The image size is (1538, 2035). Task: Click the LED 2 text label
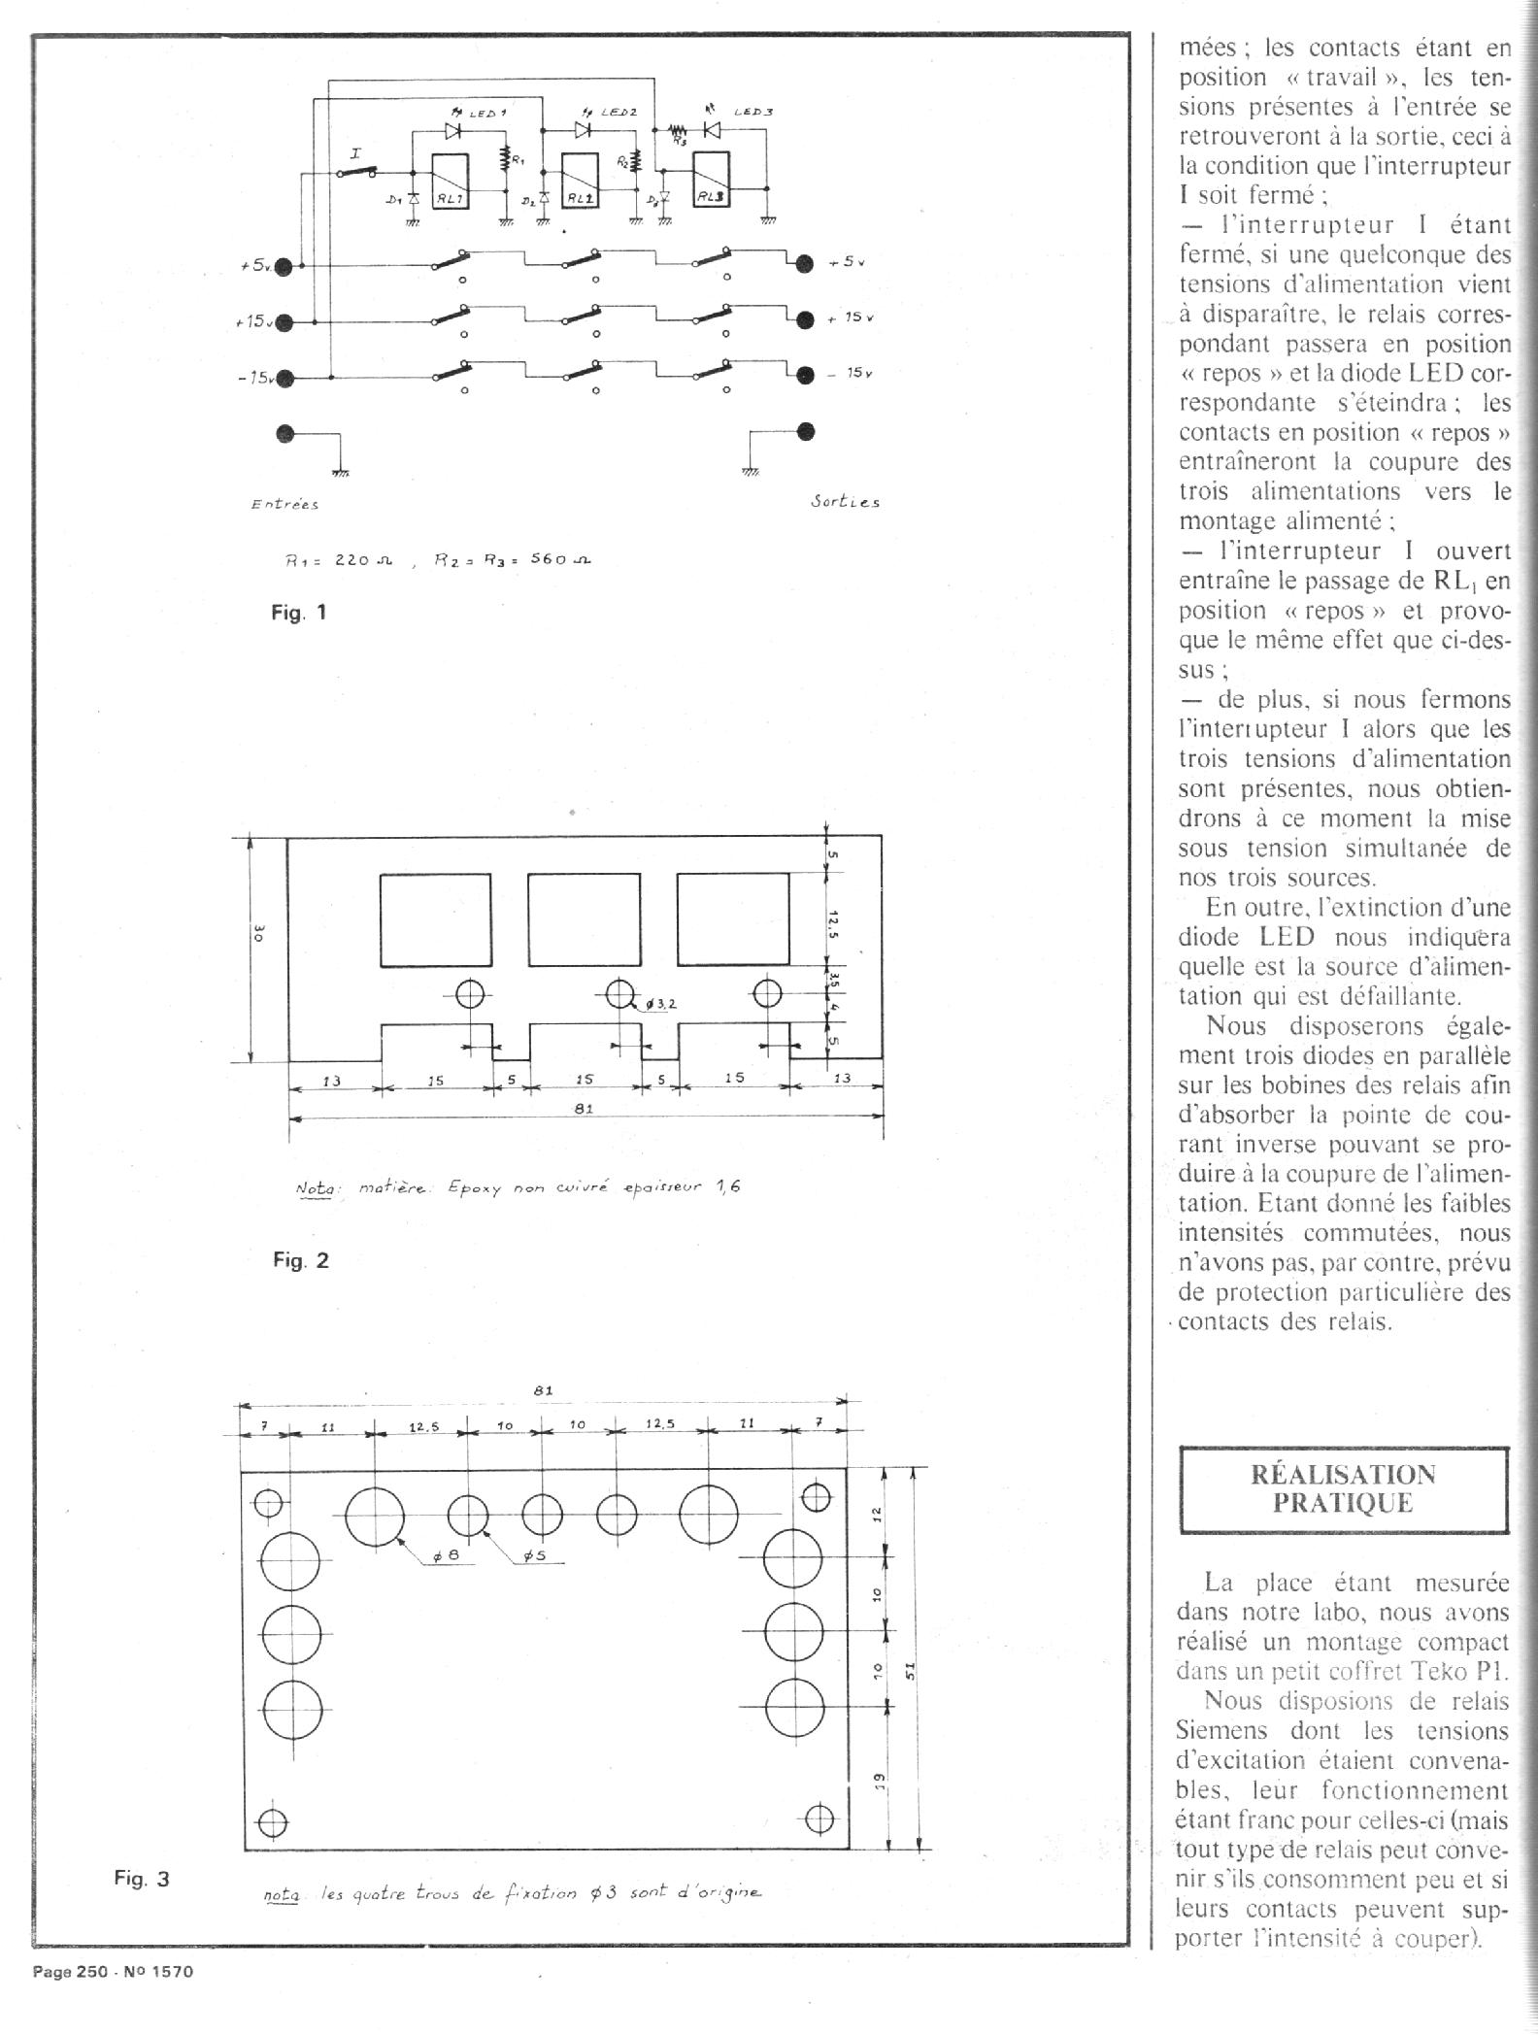[x=619, y=113]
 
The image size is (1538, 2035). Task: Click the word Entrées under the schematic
[x=284, y=504]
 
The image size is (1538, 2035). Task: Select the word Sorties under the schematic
[x=845, y=502]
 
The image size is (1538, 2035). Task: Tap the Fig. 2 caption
[x=300, y=1260]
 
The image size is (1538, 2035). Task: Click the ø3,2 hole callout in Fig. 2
[x=658, y=1004]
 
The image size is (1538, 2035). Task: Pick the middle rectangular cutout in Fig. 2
[x=584, y=918]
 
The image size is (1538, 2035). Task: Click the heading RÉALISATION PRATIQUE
[x=1344, y=1488]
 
